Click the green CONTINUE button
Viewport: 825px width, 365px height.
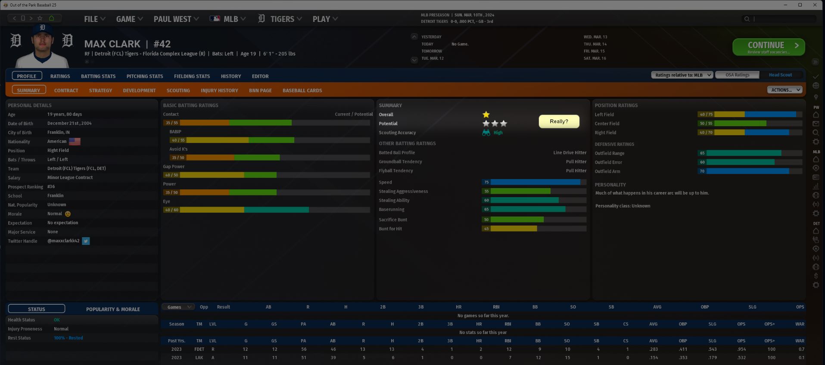768,47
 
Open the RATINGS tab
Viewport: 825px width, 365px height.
60,76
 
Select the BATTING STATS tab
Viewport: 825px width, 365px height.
98,76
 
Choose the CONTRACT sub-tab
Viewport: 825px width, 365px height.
66,90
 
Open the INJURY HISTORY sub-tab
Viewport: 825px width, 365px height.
219,90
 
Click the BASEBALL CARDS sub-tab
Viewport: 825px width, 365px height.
302,90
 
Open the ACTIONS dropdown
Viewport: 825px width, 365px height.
784,90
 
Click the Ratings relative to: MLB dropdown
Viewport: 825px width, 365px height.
682,75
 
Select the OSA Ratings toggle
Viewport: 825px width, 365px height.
737,75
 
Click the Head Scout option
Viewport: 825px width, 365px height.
780,75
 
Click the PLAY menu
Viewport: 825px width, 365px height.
325,19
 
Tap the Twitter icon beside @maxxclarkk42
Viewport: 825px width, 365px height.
86,241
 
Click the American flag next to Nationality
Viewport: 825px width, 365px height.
75,142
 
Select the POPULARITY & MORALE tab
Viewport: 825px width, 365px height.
113,309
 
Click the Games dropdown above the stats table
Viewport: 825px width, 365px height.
178,307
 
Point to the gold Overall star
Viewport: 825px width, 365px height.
486,114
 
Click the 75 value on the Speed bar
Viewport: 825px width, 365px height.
486,182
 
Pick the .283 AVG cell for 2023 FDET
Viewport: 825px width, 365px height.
653,349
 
